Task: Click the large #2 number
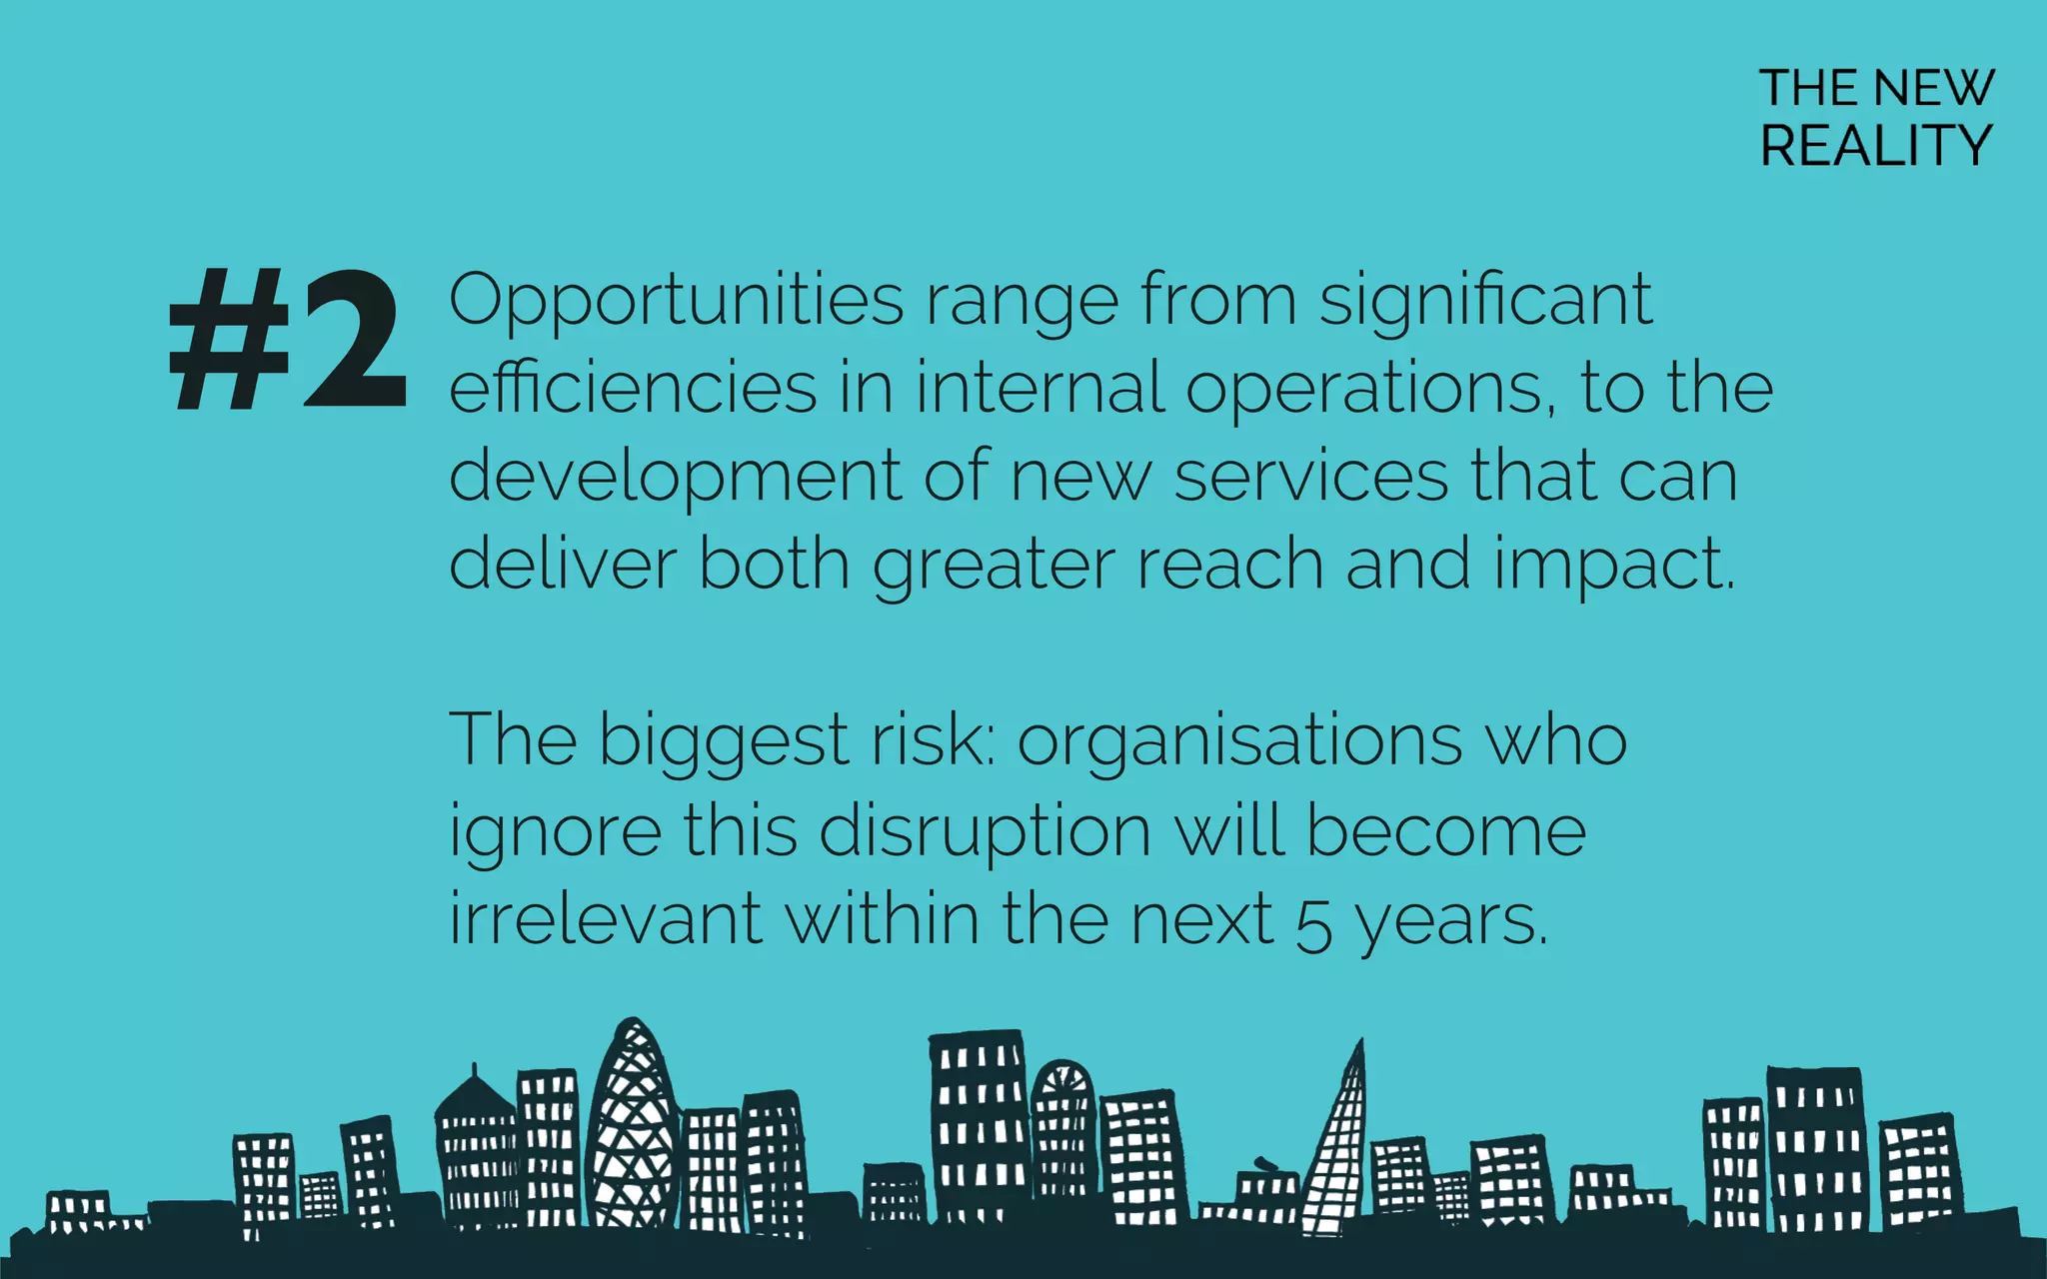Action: click(x=288, y=340)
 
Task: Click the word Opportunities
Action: click(x=676, y=300)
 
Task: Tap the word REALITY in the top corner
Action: click(x=1876, y=146)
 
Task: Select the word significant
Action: click(x=1485, y=300)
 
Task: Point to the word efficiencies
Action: click(x=633, y=388)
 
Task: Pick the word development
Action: click(x=676, y=477)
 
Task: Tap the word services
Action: click(x=1310, y=477)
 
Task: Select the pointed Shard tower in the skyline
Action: click(x=1338, y=1149)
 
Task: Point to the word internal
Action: click(x=1039, y=388)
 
